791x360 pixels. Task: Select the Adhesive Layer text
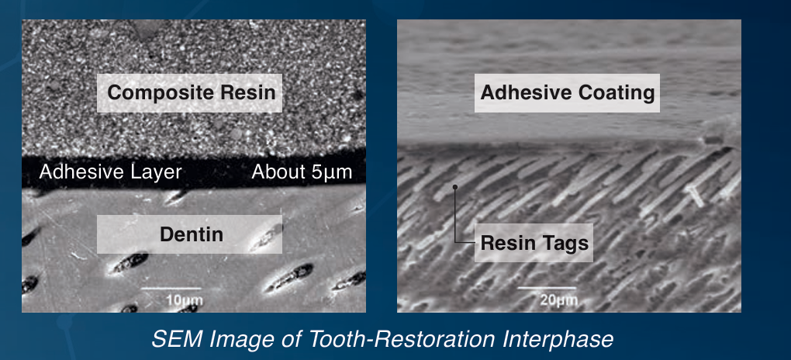click(x=110, y=172)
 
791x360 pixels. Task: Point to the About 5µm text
click(x=302, y=172)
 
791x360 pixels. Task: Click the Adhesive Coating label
click(x=567, y=93)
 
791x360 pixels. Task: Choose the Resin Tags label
click(x=534, y=243)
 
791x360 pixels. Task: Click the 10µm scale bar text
click(x=178, y=300)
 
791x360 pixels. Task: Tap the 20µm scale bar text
click(x=552, y=300)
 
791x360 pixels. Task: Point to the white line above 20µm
click(x=547, y=288)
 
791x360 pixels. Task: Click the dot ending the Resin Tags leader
click(x=455, y=187)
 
